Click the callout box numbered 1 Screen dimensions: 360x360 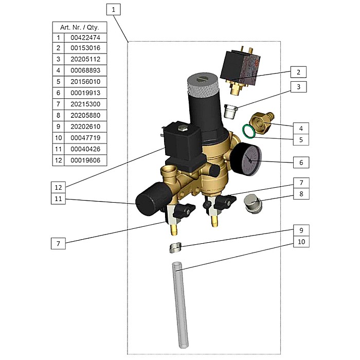115,9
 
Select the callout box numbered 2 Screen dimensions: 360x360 298,71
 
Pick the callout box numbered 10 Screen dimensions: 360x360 301,241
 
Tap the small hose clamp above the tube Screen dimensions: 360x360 175,248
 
